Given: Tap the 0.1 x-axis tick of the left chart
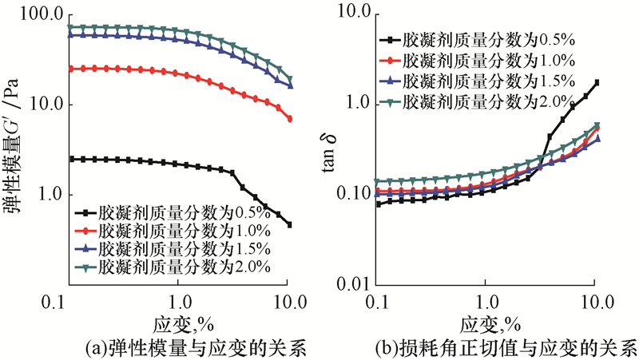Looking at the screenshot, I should point(69,303).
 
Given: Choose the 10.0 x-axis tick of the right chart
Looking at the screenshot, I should point(597,303).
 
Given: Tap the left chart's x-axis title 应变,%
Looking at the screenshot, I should point(181,325).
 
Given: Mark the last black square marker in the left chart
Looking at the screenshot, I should point(289,225).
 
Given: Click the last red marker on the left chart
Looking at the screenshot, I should point(289,119).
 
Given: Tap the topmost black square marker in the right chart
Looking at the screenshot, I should point(597,82).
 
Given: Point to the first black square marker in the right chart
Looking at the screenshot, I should point(379,204).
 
